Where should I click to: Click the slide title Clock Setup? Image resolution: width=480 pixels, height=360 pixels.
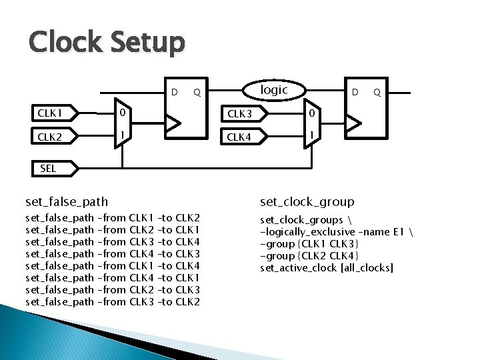tap(106, 43)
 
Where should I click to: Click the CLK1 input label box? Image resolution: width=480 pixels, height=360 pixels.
tap(55, 113)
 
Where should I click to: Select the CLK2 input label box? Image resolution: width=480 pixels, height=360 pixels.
tap(55, 138)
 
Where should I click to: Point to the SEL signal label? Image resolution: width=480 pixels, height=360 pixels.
tap(51, 169)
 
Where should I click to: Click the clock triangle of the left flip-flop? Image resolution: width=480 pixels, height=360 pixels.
tap(173, 123)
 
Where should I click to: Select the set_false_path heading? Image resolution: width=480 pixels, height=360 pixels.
tap(67, 201)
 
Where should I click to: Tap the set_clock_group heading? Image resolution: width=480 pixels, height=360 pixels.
tap(307, 201)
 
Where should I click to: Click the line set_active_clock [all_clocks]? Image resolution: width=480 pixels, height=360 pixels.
tap(327, 267)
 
